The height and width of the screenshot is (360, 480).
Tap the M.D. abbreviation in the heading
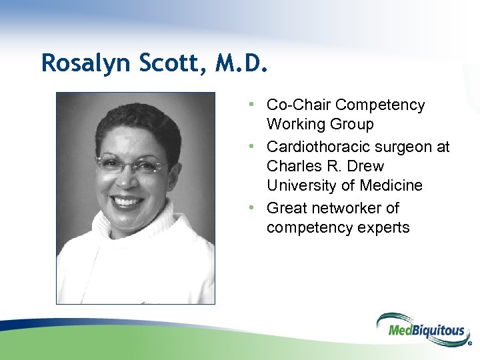[243, 63]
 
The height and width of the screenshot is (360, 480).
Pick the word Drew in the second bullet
[365, 166]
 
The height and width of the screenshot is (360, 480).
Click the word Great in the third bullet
[285, 208]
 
